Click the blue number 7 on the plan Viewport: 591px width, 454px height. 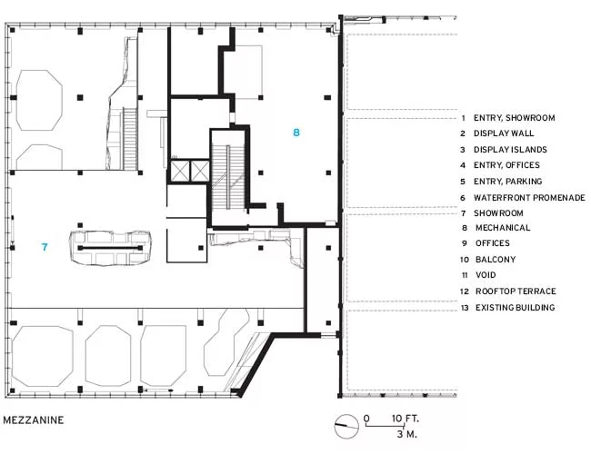[45, 247]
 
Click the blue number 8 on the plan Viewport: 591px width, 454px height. [296, 133]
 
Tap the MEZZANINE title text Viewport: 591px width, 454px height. [33, 419]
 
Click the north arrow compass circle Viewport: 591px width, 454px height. [346, 427]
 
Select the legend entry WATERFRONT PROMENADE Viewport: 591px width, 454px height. [529, 198]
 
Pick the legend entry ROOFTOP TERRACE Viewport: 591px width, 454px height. [516, 291]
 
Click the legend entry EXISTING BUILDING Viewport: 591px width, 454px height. [515, 308]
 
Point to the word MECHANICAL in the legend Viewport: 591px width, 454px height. [503, 228]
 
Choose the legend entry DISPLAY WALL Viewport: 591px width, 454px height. [504, 133]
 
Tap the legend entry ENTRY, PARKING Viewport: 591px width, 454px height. [507, 182]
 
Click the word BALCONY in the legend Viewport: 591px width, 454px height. [496, 260]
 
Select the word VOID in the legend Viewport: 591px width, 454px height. [486, 275]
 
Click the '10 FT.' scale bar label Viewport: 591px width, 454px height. [406, 419]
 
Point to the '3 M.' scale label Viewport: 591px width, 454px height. [406, 434]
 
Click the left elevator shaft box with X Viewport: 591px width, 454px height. [178, 172]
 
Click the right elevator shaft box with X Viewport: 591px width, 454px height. [199, 172]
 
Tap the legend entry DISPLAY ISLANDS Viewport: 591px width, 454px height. [510, 150]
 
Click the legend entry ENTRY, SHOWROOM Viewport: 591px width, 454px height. [514, 118]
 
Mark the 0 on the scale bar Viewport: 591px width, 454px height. [366, 419]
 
